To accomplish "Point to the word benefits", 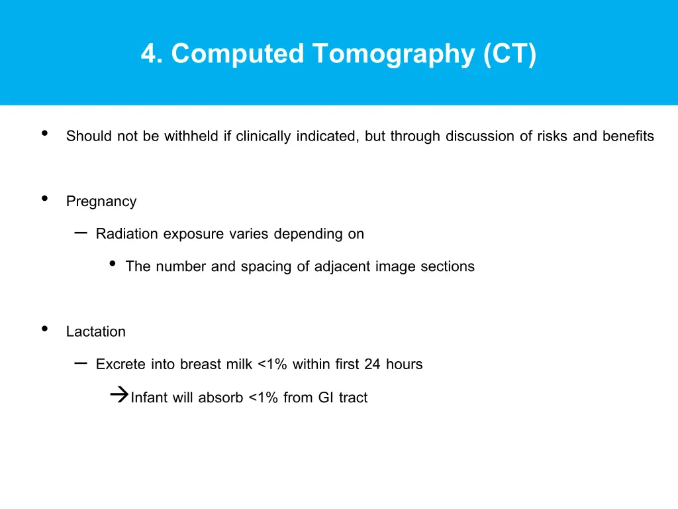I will point(628,137).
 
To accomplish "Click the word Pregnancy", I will point(101,201).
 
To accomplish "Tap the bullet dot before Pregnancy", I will point(44,198).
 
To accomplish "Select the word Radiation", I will point(127,234).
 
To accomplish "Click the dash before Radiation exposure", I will point(81,232).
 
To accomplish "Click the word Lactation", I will point(96,331).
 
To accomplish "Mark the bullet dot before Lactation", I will point(44,329).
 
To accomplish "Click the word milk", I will point(240,364).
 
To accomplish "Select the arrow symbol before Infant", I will point(119,396).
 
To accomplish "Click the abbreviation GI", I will point(326,398).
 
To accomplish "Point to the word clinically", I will point(264,137).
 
